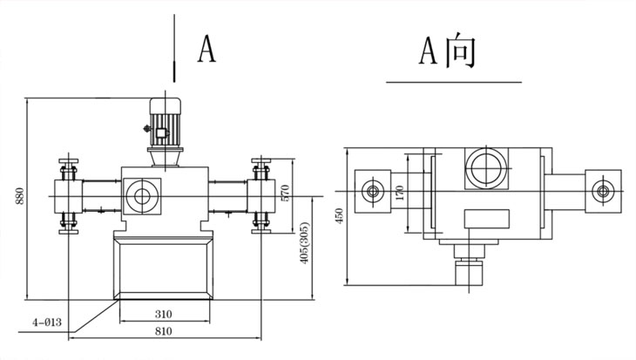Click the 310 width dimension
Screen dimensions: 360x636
pos(164,315)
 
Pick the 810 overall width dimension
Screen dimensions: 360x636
pos(164,331)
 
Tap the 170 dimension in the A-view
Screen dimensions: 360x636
pos(400,192)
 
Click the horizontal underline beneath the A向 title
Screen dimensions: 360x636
pos(453,82)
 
